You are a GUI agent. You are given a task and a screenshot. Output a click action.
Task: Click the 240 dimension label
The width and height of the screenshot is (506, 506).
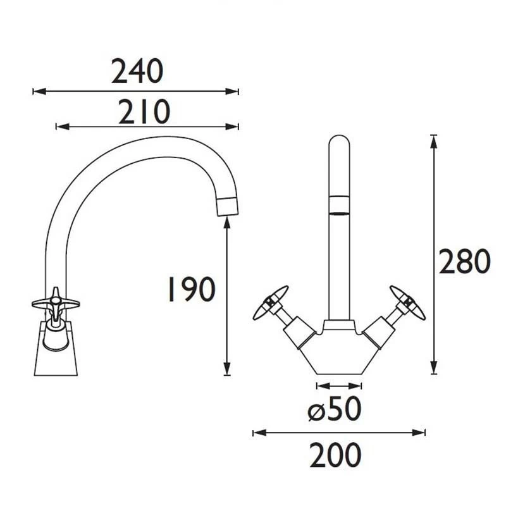click(137, 71)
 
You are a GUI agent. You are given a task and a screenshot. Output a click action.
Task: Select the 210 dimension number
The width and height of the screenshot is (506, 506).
click(144, 113)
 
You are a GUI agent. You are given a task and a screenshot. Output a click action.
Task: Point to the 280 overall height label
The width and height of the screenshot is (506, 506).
click(465, 262)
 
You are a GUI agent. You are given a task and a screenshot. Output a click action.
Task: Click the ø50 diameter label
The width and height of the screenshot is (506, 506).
click(335, 411)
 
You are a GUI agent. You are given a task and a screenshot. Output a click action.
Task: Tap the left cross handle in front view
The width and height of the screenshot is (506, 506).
click(270, 302)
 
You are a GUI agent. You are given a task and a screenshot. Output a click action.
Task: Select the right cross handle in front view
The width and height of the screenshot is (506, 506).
click(408, 302)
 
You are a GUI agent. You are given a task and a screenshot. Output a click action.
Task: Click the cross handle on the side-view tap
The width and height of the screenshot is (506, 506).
click(56, 303)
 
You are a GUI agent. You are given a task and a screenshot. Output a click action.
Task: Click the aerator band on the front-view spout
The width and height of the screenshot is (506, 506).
click(340, 205)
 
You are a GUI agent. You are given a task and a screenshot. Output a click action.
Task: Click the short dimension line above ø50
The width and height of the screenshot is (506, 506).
click(340, 385)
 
